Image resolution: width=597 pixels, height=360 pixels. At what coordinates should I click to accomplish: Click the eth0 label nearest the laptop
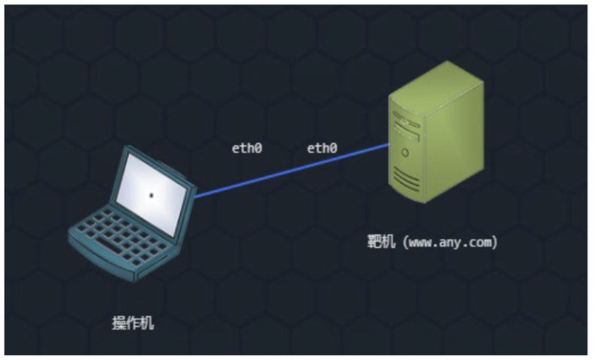(x=247, y=148)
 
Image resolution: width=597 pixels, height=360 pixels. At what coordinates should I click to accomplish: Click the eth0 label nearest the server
(x=322, y=148)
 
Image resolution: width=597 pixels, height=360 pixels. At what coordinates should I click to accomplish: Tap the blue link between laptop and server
(x=290, y=171)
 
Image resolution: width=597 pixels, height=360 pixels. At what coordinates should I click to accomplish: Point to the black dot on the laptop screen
(x=152, y=196)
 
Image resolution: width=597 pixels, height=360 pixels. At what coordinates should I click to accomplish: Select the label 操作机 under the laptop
(x=134, y=323)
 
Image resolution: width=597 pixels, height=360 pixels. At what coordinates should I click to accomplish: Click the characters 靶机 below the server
(x=381, y=243)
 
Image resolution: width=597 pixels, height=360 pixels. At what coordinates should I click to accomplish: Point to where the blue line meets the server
(x=389, y=145)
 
